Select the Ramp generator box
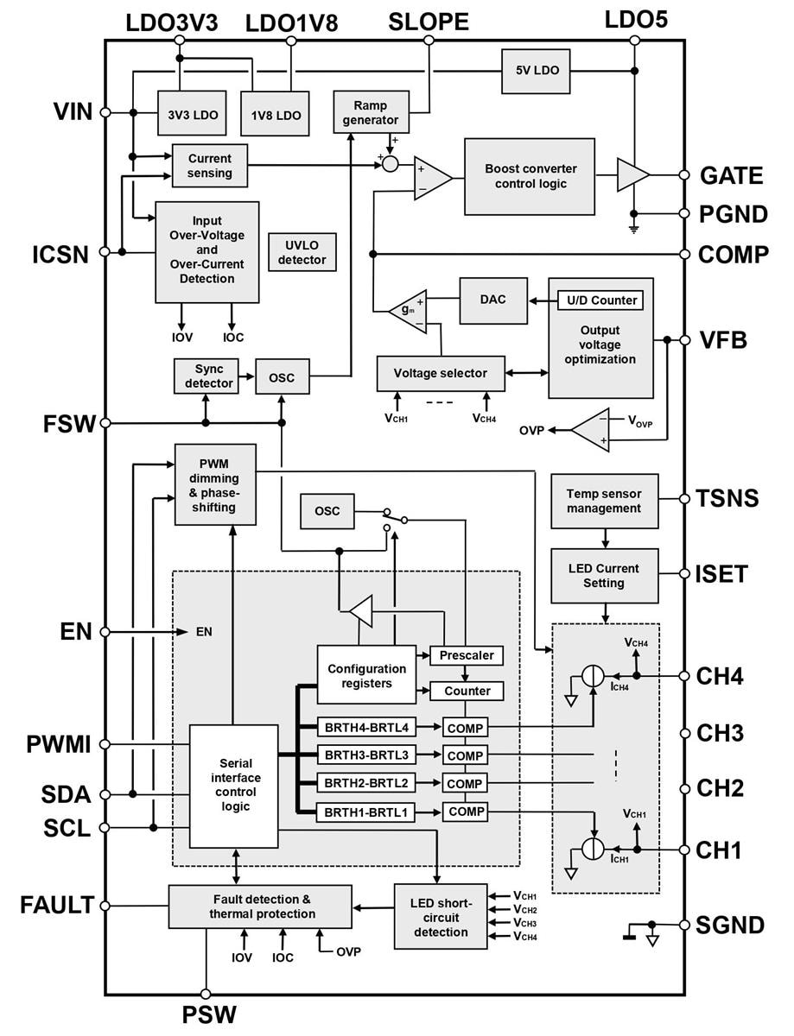(x=371, y=111)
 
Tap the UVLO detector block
(x=302, y=252)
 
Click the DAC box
(x=493, y=299)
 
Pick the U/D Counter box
(x=602, y=300)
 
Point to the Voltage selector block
(x=440, y=373)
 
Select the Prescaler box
(x=466, y=655)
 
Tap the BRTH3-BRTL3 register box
(x=366, y=755)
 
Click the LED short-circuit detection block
(x=441, y=917)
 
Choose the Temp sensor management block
(x=604, y=502)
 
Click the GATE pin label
(x=731, y=176)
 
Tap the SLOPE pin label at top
(x=429, y=22)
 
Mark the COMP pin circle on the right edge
(x=684, y=254)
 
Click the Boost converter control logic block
(x=530, y=176)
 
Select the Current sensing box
(x=210, y=166)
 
